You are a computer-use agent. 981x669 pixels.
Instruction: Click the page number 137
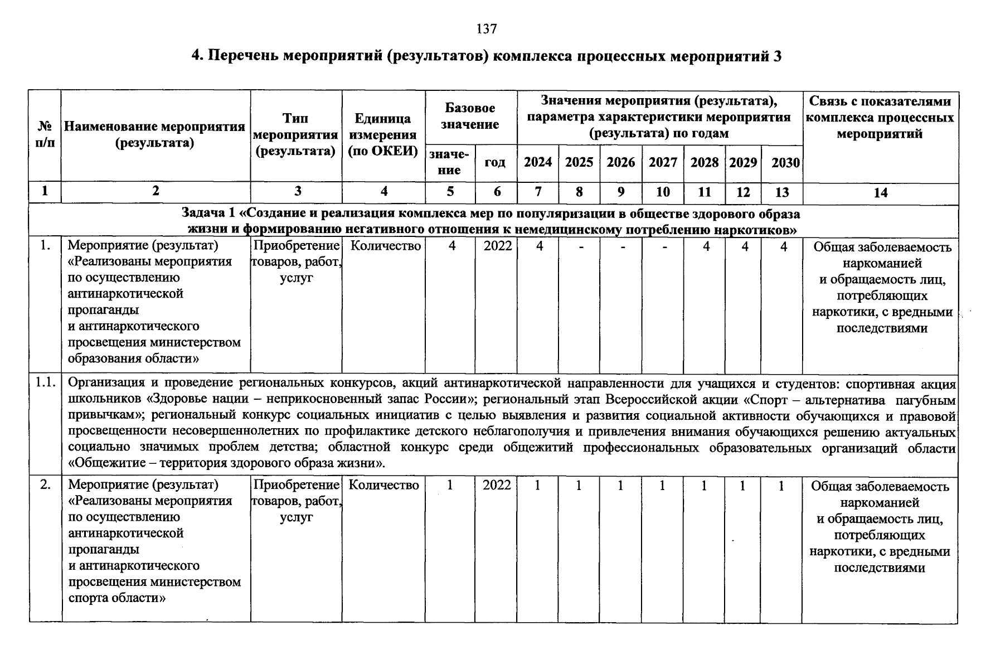click(x=487, y=28)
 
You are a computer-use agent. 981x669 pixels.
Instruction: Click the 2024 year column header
click(x=538, y=162)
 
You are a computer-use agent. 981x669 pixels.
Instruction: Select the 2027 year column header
click(x=663, y=162)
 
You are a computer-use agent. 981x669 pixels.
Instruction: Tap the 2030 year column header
click(x=785, y=163)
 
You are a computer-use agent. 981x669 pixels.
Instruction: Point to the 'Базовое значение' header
click(x=470, y=116)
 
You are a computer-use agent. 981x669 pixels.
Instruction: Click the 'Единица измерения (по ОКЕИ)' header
click(x=383, y=135)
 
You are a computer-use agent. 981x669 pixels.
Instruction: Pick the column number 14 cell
click(x=880, y=193)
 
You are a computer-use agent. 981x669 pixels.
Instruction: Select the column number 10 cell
click(x=663, y=192)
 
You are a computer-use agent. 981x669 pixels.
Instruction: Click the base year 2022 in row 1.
click(x=497, y=246)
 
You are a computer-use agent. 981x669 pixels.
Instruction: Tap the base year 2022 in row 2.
click(x=497, y=485)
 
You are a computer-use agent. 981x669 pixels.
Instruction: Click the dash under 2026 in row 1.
click(x=621, y=246)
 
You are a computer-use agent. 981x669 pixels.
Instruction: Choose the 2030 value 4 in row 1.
click(x=783, y=246)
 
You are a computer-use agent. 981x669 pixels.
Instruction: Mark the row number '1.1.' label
click(x=45, y=383)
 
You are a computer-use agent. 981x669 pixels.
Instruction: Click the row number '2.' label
click(x=46, y=485)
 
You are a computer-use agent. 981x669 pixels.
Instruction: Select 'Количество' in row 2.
click(x=383, y=485)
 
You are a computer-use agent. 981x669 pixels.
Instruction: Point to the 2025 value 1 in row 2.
click(x=579, y=486)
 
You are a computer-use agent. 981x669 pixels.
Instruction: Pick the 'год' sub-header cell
click(x=495, y=162)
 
